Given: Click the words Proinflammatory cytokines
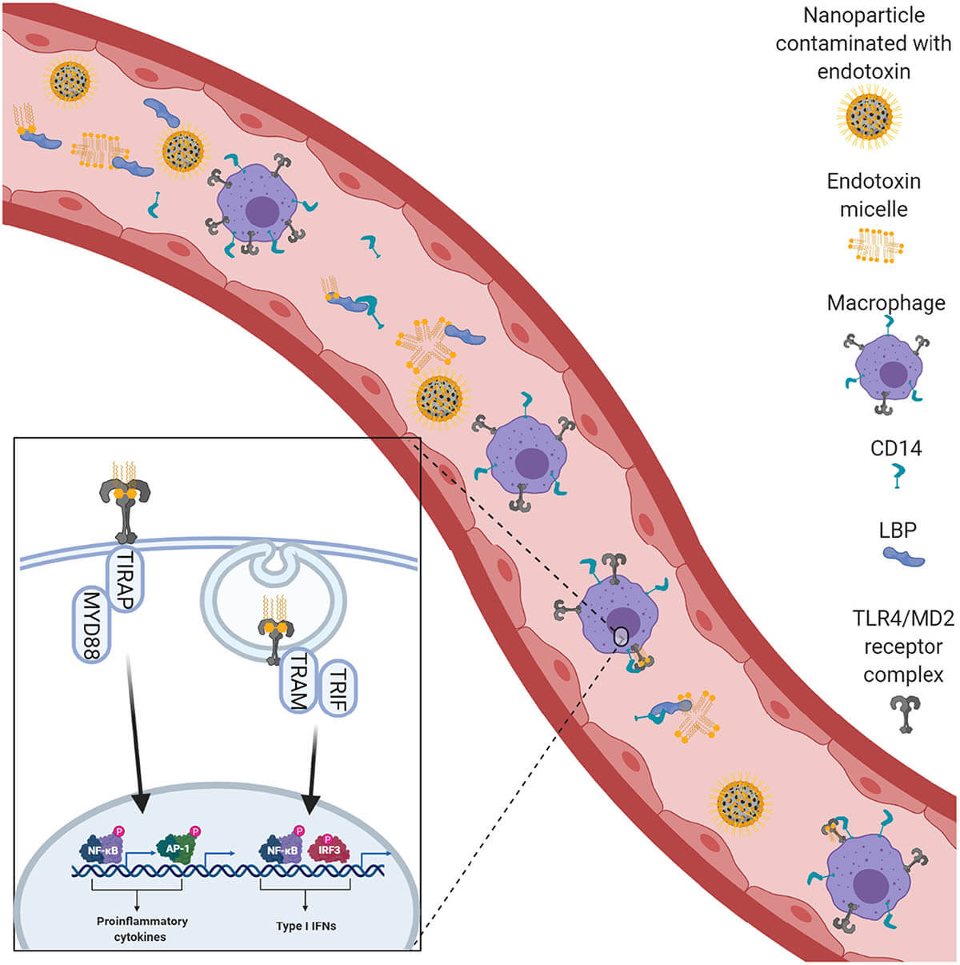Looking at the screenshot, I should click(142, 928).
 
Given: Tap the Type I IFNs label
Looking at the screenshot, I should click(306, 926).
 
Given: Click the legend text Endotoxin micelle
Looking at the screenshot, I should click(874, 194).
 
